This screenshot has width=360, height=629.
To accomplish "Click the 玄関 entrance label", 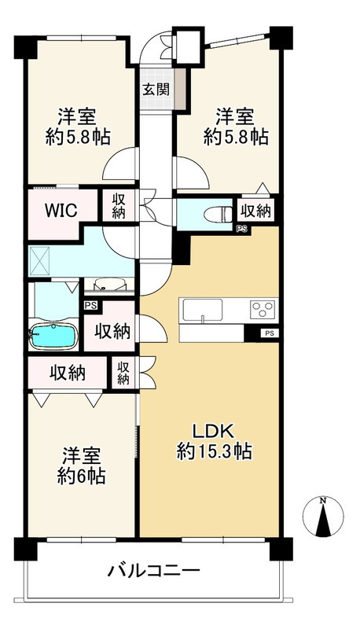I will pyautogui.click(x=154, y=88).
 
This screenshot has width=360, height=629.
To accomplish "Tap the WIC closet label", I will pyautogui.click(x=60, y=211).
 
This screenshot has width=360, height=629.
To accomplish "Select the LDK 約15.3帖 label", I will pyautogui.click(x=213, y=441).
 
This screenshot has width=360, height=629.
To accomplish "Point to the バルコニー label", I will pyautogui.click(x=153, y=570).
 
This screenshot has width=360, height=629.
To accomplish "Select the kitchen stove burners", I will pyautogui.click(x=262, y=308).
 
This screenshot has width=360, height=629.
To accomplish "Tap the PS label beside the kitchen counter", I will pyautogui.click(x=270, y=334).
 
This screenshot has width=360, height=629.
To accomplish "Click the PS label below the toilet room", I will pyautogui.click(x=241, y=229).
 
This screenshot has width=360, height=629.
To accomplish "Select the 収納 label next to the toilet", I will pyautogui.click(x=256, y=210).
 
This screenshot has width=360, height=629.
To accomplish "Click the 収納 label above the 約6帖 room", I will pyautogui.click(x=69, y=373).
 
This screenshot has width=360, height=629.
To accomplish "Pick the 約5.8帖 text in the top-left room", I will pyautogui.click(x=77, y=136).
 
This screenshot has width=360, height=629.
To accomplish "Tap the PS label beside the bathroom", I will pyautogui.click(x=91, y=306).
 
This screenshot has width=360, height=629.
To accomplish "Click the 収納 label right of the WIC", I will pyautogui.click(x=118, y=206).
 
